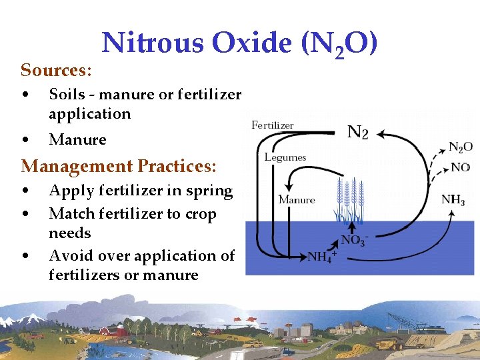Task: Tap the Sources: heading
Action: pyautogui.click(x=56, y=70)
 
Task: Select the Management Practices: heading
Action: pyautogui.click(x=119, y=165)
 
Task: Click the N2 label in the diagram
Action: pyautogui.click(x=358, y=132)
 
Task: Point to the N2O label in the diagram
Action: pyautogui.click(x=460, y=147)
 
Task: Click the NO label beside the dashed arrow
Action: pyautogui.click(x=460, y=167)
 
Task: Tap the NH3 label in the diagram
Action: pyautogui.click(x=453, y=199)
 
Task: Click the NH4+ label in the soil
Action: pyautogui.click(x=322, y=256)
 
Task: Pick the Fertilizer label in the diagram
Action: pyautogui.click(x=272, y=125)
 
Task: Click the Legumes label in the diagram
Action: pyautogui.click(x=285, y=157)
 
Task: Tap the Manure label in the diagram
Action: pyautogui.click(x=297, y=199)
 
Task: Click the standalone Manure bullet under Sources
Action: pyautogui.click(x=77, y=139)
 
